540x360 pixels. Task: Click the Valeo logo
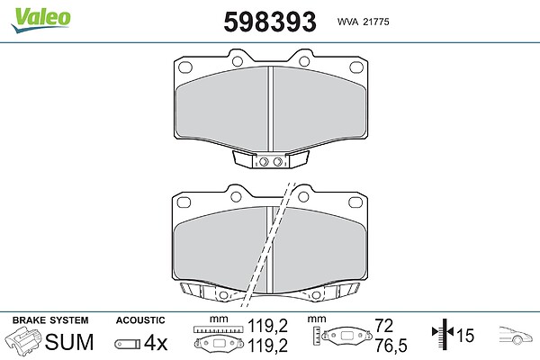point(40,20)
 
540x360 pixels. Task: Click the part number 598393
point(270,22)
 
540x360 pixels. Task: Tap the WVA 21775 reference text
point(363,22)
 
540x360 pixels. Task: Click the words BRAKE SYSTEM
point(50,320)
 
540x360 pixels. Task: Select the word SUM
point(69,342)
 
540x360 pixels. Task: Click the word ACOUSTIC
point(140,320)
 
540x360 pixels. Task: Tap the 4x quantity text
point(156,343)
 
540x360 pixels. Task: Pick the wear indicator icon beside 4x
point(128,344)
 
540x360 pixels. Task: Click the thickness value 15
point(465,335)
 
